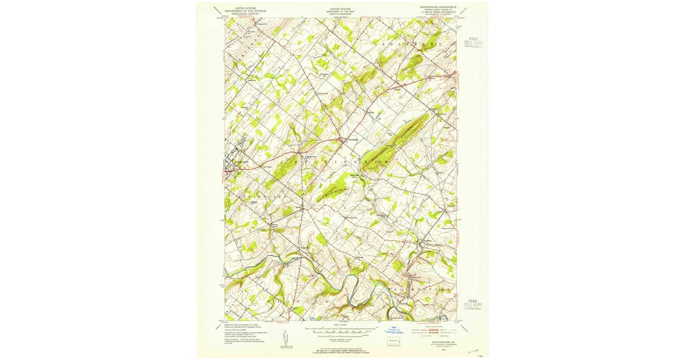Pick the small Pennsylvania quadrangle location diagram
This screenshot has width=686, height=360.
coord(393,343)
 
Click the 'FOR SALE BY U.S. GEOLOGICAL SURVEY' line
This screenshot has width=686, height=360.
coord(341,349)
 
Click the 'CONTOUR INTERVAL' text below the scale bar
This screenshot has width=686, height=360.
coord(341,338)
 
